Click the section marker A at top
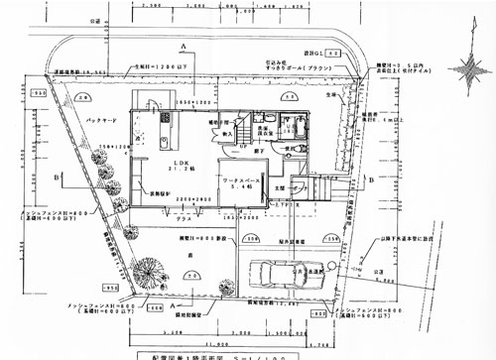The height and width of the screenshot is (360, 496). coord(185,46)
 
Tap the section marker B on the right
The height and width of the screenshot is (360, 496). coord(369,182)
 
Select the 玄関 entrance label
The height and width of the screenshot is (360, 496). coord(279,185)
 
